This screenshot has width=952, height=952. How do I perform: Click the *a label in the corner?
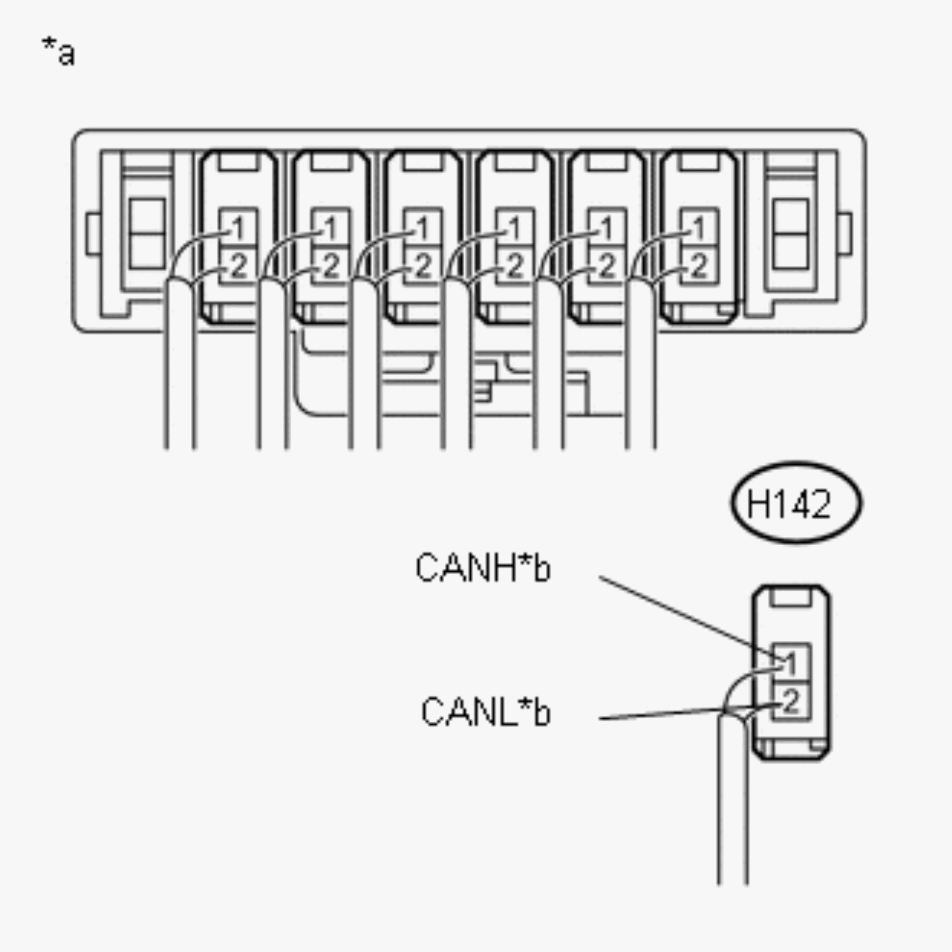pyautogui.click(x=59, y=52)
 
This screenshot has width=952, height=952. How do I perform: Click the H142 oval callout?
pyautogui.click(x=796, y=503)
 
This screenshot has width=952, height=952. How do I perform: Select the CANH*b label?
pyautogui.click(x=483, y=568)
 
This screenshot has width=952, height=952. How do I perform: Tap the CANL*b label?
pyautogui.click(x=486, y=712)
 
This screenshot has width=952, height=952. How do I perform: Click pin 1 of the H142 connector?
pyautogui.click(x=791, y=663)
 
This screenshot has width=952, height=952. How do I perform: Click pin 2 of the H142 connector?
pyautogui.click(x=791, y=701)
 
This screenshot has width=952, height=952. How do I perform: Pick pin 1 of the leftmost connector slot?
pyautogui.click(x=238, y=228)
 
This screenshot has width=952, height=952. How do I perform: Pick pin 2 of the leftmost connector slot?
pyautogui.click(x=238, y=266)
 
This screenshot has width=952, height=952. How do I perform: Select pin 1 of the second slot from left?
pyautogui.click(x=331, y=228)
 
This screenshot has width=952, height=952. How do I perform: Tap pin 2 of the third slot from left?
pyautogui.click(x=423, y=266)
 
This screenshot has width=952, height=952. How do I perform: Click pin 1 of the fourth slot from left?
pyautogui.click(x=514, y=228)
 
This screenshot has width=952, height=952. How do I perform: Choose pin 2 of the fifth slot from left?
pyautogui.click(x=607, y=266)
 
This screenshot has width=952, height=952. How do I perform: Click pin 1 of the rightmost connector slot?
pyautogui.click(x=699, y=228)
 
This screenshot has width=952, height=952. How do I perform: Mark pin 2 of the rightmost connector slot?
pyautogui.click(x=699, y=266)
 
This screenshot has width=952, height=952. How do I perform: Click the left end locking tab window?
pyautogui.click(x=147, y=234)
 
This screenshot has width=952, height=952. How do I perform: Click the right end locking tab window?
pyautogui.click(x=790, y=234)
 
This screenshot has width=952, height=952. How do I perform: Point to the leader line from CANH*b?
pyautogui.click(x=685, y=616)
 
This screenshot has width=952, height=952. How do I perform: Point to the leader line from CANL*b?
pyautogui.click(x=660, y=714)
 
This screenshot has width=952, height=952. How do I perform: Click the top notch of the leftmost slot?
pyautogui.click(x=238, y=161)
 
